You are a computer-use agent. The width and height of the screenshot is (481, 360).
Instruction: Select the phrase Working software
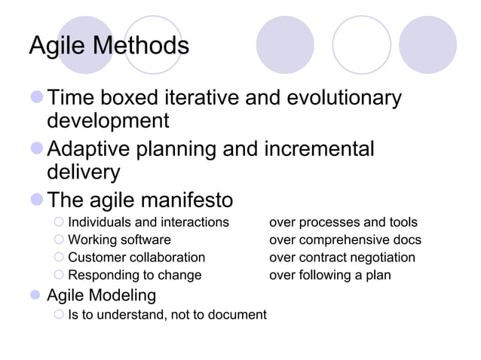(119, 240)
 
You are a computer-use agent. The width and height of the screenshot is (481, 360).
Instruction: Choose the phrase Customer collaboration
(136, 258)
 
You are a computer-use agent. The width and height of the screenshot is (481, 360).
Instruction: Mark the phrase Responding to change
(135, 275)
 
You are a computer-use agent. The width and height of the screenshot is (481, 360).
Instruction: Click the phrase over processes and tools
(343, 222)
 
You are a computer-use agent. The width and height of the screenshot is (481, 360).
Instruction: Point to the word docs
(406, 240)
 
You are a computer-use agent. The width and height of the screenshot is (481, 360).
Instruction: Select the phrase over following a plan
(330, 275)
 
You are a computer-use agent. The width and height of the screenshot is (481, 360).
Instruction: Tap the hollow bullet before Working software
(60, 240)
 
